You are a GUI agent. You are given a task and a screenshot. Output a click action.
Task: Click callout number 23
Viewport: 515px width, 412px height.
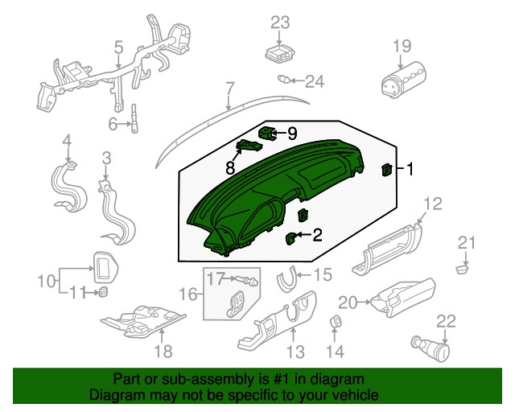(x=279, y=22)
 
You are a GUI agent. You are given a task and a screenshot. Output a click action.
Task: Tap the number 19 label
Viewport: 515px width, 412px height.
(x=402, y=46)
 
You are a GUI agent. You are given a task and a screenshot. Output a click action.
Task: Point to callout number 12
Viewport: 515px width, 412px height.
(x=433, y=204)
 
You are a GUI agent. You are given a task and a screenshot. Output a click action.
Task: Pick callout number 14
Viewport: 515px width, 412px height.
(x=335, y=351)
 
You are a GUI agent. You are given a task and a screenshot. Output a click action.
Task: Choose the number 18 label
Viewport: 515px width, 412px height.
(x=163, y=351)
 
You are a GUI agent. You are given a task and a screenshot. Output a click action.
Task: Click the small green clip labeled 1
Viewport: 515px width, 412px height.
(x=386, y=169)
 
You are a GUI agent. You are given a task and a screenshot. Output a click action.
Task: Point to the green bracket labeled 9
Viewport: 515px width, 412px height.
(x=267, y=131)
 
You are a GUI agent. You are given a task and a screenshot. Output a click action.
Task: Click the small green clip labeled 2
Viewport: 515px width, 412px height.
(x=291, y=237)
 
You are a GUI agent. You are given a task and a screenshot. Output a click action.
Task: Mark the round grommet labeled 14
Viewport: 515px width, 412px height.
(x=335, y=324)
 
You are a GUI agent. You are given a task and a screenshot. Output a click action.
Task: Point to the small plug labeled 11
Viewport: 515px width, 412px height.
(x=103, y=293)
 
